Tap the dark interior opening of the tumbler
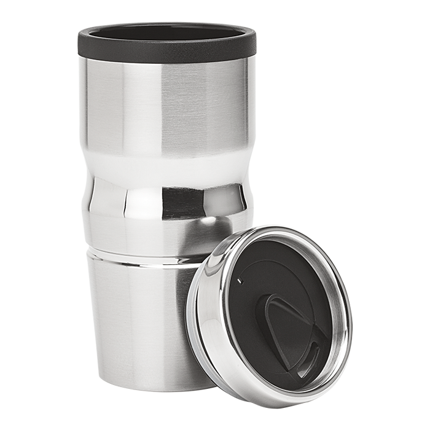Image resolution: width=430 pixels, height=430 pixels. (x=166, y=33)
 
